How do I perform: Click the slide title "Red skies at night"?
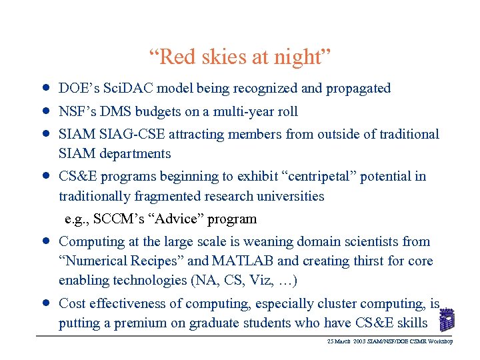[239, 58]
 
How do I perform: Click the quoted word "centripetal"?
[325, 177]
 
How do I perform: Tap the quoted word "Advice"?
[171, 219]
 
